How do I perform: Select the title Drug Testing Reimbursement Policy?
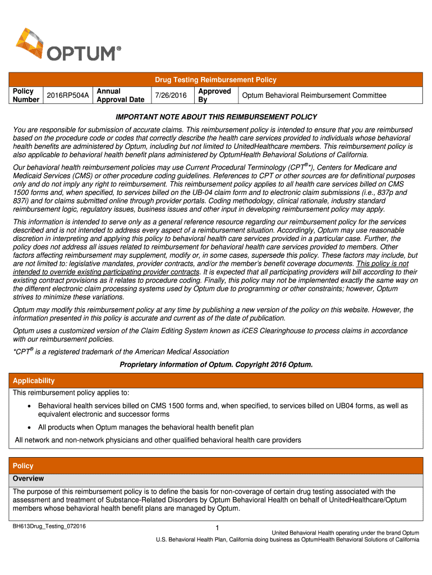point(216,80)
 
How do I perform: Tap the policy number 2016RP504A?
point(67,95)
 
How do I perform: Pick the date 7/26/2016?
point(172,95)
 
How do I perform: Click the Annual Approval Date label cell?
point(120,95)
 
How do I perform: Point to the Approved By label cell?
point(214,95)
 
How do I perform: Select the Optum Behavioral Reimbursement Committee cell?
point(314,95)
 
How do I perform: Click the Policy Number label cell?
point(24,95)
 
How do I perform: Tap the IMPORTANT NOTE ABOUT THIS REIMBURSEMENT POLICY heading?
point(216,117)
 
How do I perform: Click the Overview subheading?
point(29,479)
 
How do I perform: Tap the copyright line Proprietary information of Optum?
point(216,364)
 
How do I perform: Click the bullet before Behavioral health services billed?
point(30,405)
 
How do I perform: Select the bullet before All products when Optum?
point(30,427)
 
